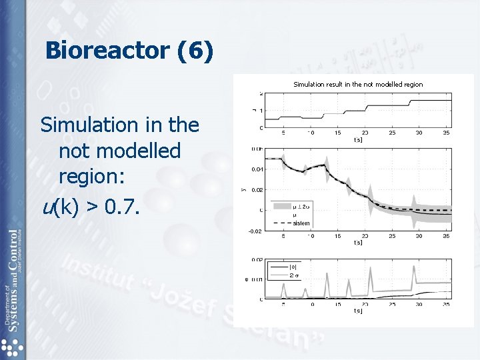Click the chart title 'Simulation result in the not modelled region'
click(358, 85)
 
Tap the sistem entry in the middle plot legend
click(301, 223)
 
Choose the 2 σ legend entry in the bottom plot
click(295, 274)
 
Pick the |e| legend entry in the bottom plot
click(294, 267)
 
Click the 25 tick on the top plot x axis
click(392, 133)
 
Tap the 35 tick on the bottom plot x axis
click(446, 305)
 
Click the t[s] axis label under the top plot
click(358, 140)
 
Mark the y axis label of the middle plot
click(244, 190)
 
